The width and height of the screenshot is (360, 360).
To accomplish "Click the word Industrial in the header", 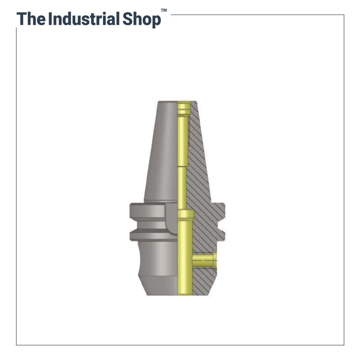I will click(84, 19).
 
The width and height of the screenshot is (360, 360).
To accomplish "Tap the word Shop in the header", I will click(141, 20).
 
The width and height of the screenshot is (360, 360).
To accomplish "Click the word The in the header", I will click(31, 19).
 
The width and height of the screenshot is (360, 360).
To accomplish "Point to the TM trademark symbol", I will click(164, 10).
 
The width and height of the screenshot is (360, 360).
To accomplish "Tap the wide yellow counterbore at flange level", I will click(185, 215).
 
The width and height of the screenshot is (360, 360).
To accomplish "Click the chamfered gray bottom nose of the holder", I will click(158, 286).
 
